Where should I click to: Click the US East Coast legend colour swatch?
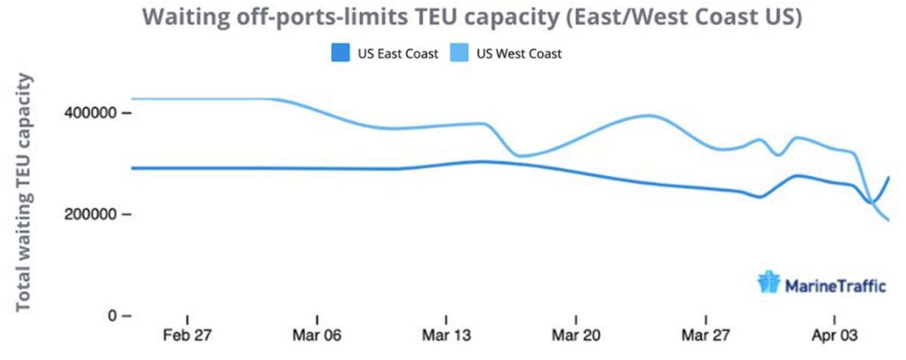pyautogui.click(x=341, y=54)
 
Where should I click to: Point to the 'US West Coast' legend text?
pyautogui.click(x=519, y=54)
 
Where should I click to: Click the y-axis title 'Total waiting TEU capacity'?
pyautogui.click(x=24, y=192)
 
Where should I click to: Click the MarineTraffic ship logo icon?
pyautogui.click(x=768, y=282)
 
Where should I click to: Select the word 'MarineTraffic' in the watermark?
pyautogui.click(x=830, y=285)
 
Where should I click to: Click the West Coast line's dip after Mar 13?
pyautogui.click(x=519, y=156)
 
